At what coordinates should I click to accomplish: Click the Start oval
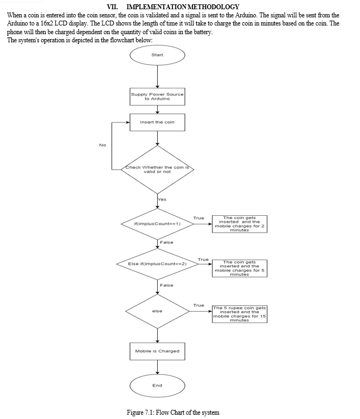click(x=157, y=55)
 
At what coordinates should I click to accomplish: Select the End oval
click(x=157, y=385)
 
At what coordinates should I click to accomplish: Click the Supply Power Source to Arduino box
click(x=157, y=96)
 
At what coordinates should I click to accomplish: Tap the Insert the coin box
click(x=157, y=122)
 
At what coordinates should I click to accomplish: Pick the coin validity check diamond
click(x=157, y=170)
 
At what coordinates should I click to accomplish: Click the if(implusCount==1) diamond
click(x=157, y=224)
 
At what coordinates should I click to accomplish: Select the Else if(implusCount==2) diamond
click(x=157, y=264)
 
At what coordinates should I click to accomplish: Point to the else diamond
click(x=157, y=311)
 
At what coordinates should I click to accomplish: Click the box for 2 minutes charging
click(x=240, y=224)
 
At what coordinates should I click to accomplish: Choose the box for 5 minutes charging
click(x=240, y=268)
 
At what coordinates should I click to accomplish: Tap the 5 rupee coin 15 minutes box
click(x=240, y=314)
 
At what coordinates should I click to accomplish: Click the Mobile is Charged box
click(x=157, y=351)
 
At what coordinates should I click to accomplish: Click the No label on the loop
click(x=102, y=145)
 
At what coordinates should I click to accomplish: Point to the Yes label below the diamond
click(x=162, y=199)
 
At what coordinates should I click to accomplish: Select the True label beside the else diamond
click(x=198, y=305)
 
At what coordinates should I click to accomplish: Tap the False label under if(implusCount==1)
click(x=166, y=242)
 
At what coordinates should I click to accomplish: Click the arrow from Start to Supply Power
click(x=157, y=76)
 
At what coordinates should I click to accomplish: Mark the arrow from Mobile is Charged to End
click(x=157, y=367)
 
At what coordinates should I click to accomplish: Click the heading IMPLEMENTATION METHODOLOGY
click(x=183, y=7)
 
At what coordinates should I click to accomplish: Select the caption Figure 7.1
click(x=173, y=412)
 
